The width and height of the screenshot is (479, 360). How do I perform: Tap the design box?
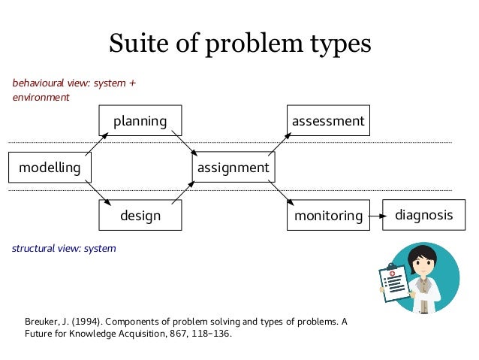click(x=140, y=216)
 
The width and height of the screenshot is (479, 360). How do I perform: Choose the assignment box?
click(x=233, y=168)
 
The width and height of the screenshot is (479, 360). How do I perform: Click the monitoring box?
click(x=328, y=216)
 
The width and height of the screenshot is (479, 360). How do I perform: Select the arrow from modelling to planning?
click(x=98, y=143)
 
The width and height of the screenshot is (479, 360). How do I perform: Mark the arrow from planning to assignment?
click(x=185, y=143)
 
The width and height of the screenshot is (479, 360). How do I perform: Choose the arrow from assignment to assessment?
click(x=279, y=143)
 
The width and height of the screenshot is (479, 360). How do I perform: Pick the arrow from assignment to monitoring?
click(x=280, y=192)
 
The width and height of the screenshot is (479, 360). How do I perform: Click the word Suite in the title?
click(x=135, y=43)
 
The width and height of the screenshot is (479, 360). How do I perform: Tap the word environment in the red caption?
click(x=41, y=97)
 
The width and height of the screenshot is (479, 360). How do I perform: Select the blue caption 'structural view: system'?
click(x=64, y=248)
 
